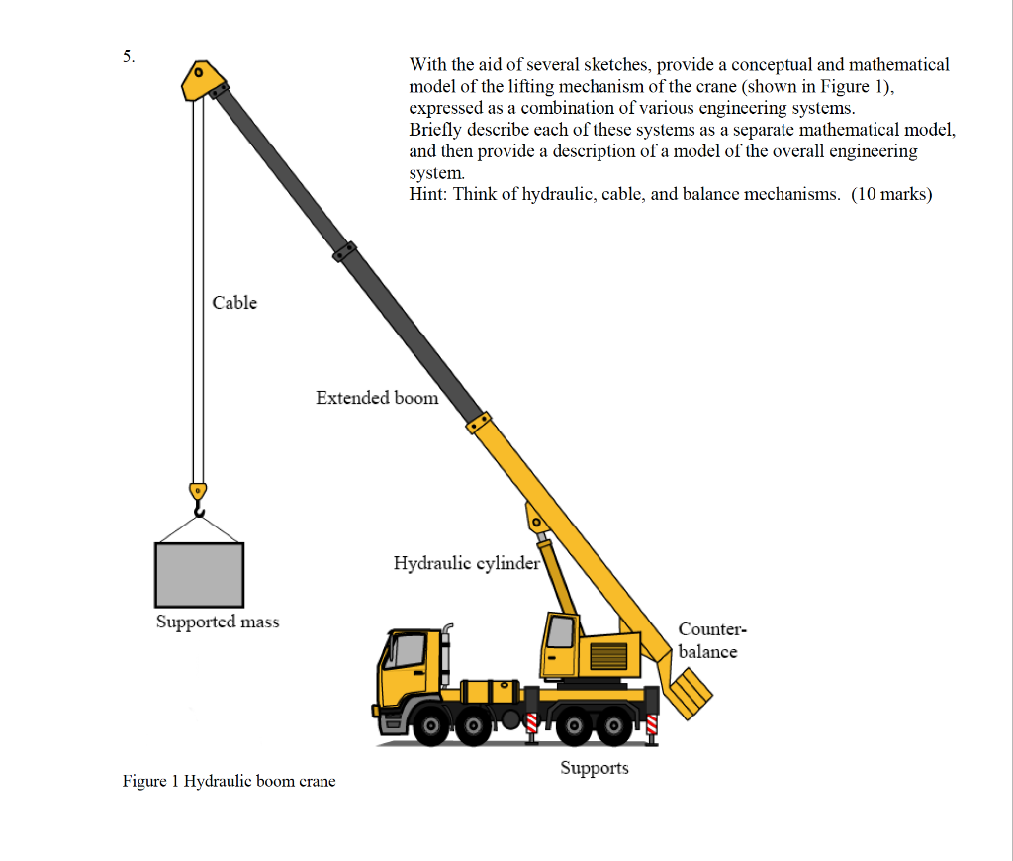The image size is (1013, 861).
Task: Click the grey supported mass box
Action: click(x=199, y=575)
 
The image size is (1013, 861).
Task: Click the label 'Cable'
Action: click(x=234, y=303)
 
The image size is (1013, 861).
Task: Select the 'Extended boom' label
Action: click(x=377, y=398)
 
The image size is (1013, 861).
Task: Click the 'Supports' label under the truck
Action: click(x=594, y=768)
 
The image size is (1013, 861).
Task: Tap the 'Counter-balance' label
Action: click(x=709, y=640)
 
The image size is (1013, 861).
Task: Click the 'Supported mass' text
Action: click(x=218, y=622)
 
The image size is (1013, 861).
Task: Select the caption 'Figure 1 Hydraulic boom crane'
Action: click(x=229, y=782)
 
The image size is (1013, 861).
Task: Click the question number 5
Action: click(x=128, y=56)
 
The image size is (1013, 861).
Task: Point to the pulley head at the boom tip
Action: click(x=201, y=79)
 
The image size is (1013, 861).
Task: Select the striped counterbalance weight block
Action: click(x=691, y=689)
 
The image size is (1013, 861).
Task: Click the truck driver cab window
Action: click(x=406, y=654)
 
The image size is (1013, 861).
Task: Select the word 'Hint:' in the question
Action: click(x=428, y=194)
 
